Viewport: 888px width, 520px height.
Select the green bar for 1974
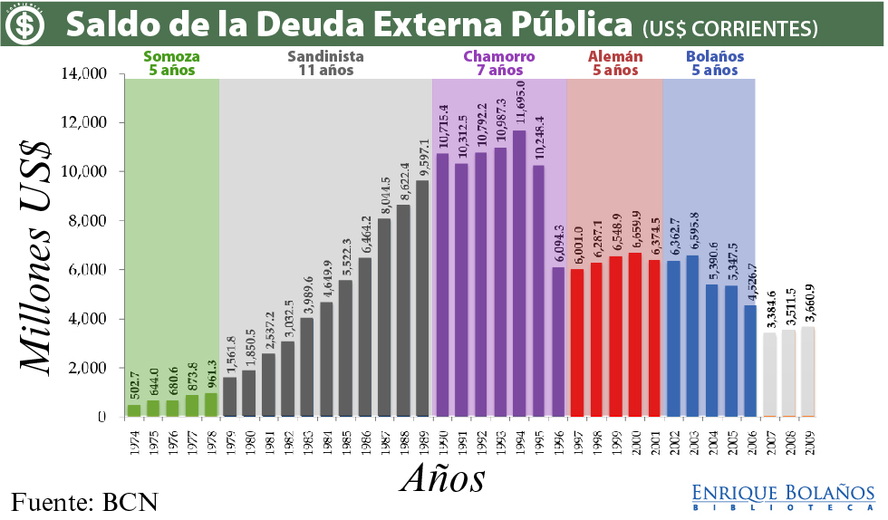point(134,410)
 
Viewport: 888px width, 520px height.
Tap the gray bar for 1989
point(422,299)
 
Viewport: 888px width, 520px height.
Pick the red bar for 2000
point(635,334)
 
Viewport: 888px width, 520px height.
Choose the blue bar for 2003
point(693,336)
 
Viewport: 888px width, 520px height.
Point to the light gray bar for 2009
point(806,372)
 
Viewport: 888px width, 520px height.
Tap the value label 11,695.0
point(520,103)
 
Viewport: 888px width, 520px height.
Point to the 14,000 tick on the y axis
point(88,73)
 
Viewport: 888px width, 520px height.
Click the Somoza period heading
point(172,63)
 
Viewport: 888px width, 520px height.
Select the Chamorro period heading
point(499,63)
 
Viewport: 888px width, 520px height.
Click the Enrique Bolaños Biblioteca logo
point(783,497)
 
